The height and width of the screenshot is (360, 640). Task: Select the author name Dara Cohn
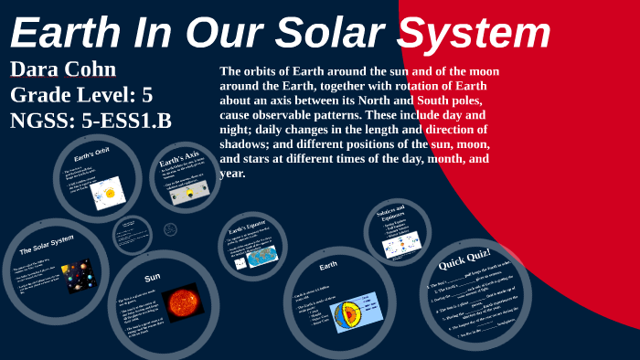63,70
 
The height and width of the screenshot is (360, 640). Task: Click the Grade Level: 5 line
81,95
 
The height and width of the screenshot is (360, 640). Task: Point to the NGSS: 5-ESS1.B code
91,121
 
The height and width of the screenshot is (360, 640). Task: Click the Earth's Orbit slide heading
91,156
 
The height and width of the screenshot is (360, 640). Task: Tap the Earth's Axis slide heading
180,158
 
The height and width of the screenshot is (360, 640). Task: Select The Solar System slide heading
47,245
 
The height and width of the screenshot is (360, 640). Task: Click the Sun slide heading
153,277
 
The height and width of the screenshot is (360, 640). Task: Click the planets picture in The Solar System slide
78,275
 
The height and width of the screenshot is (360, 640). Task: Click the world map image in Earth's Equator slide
262,257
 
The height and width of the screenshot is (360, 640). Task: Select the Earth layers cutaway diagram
351,313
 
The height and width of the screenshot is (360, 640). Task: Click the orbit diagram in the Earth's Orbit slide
108,192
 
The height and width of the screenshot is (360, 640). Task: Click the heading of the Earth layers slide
328,267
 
